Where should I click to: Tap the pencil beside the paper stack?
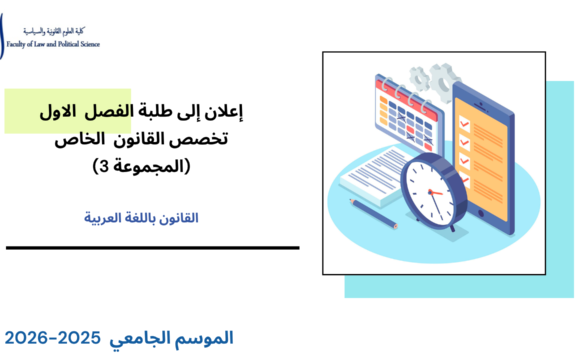click(375, 212)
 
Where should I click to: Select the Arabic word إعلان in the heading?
click(222, 113)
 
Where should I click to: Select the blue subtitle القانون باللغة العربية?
click(143, 215)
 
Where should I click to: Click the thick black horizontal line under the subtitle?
click(150, 247)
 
